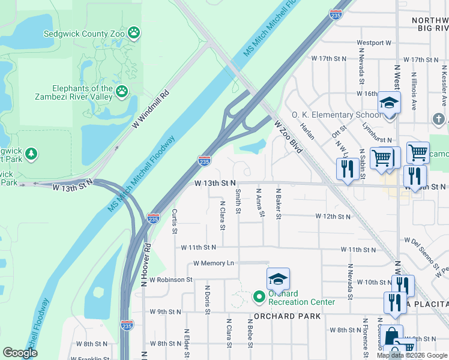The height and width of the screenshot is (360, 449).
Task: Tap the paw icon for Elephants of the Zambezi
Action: (x=122, y=91)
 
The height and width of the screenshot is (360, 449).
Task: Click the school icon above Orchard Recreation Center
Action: (x=278, y=279)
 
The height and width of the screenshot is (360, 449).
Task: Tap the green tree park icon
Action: (x=30, y=154)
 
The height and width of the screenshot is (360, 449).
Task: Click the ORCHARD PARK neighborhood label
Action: (x=282, y=316)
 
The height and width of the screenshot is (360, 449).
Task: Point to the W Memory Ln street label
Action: (x=214, y=263)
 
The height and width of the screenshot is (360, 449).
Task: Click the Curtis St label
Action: (x=175, y=221)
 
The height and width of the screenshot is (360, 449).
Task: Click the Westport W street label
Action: (x=373, y=43)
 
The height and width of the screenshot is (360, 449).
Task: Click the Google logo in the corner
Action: (x=20, y=353)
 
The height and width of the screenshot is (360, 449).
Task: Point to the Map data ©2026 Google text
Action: (x=412, y=355)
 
